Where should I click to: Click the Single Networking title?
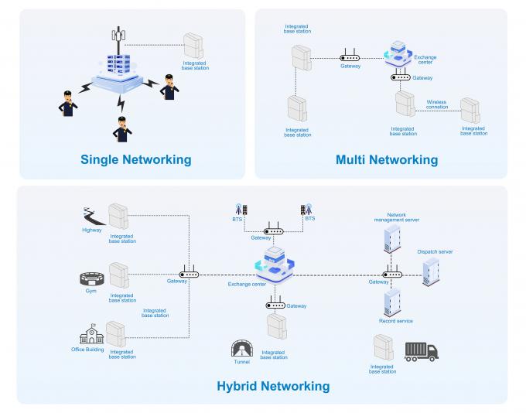pyautogui.click(x=136, y=159)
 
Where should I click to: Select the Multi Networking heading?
pyautogui.click(x=387, y=159)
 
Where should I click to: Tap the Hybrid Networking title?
pyautogui.click(x=273, y=386)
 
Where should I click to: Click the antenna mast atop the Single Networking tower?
pyautogui.click(x=118, y=39)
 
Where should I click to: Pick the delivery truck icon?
pyautogui.click(x=422, y=352)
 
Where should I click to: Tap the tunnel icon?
pyautogui.click(x=242, y=349)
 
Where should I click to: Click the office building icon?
pyautogui.click(x=91, y=334)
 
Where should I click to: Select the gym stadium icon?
pyautogui.click(x=92, y=279)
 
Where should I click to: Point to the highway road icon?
pyautogui.click(x=94, y=217)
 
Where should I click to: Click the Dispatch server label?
pyautogui.click(x=435, y=251)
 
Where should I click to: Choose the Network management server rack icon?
pyautogui.click(x=392, y=238)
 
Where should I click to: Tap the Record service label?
pyautogui.click(x=396, y=321)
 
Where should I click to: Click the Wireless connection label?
pyautogui.click(x=437, y=104)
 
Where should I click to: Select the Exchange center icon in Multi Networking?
pyautogui.click(x=398, y=55)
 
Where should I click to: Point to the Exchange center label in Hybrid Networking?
pyautogui.click(x=247, y=284)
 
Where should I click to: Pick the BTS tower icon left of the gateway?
pyautogui.click(x=241, y=210)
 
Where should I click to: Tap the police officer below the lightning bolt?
pyautogui.click(x=122, y=129)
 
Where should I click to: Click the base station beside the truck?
pyautogui.click(x=384, y=347)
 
